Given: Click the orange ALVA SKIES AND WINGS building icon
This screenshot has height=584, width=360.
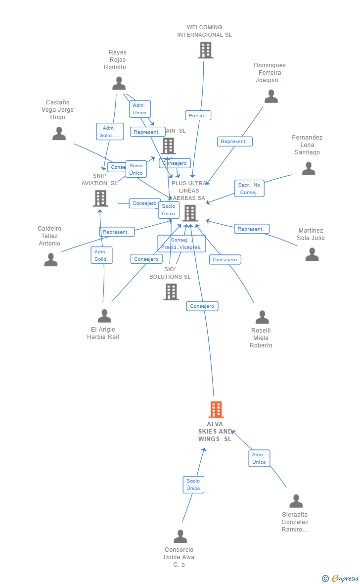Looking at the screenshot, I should pos(216,410).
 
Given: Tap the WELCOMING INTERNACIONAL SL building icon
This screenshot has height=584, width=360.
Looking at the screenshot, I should pos(205,50).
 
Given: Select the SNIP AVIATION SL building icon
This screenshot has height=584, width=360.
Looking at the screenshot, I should pos(100,198).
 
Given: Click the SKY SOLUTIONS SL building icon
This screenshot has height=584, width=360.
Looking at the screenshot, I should pos(171,292).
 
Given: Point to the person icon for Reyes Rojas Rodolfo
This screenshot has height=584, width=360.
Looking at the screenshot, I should pos(119,83).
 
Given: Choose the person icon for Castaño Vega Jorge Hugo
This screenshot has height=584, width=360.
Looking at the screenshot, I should pos(59,134).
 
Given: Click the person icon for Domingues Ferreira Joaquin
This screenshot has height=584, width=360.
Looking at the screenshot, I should pos(271,96).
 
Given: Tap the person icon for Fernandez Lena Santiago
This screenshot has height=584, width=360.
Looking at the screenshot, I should pos(309,169).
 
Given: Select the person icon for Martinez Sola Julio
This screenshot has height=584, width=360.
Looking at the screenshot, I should pos(312,254).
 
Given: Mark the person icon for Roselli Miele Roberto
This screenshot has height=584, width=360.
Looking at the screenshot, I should pos(262,317).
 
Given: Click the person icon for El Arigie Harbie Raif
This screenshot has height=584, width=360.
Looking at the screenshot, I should pos(104,316).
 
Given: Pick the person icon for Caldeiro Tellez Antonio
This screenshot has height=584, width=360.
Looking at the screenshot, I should pos(51,259).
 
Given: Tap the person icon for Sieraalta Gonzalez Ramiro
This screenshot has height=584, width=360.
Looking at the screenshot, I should pos(296,501).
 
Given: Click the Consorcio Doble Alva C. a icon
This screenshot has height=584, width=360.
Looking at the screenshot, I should pos(180,536).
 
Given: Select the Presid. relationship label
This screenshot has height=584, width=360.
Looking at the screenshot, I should pos(198,115).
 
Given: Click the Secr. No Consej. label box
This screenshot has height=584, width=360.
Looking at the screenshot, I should pos(249,189).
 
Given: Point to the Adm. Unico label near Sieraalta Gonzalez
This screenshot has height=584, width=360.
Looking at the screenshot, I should pos(259,458).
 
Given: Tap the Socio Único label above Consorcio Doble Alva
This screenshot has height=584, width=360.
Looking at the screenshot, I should pos(193,485).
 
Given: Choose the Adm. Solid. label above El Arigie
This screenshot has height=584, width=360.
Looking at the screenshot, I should pos(101,255).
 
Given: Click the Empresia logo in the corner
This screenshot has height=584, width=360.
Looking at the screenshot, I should pos(341,578).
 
